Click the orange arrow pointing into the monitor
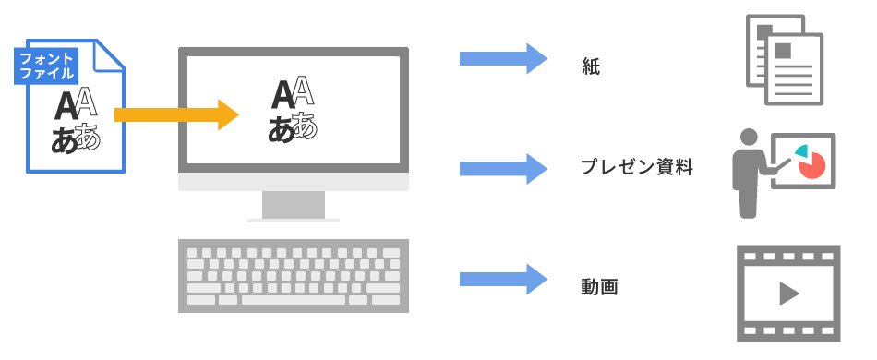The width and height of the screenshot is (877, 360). (x=175, y=114)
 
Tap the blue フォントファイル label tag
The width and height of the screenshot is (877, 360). (x=46, y=66)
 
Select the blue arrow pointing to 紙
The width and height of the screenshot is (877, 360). (x=503, y=59)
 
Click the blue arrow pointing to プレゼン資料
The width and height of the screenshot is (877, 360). (x=503, y=167)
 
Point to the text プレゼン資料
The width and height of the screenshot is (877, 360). (x=636, y=168)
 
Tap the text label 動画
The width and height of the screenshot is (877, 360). (x=599, y=287)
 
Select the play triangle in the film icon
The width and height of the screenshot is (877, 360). (x=788, y=294)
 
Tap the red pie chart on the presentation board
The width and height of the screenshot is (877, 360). (x=811, y=165)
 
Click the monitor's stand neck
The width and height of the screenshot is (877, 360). (x=293, y=204)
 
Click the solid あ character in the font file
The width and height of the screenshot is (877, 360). (x=64, y=139)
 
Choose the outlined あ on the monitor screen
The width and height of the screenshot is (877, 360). (x=306, y=126)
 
